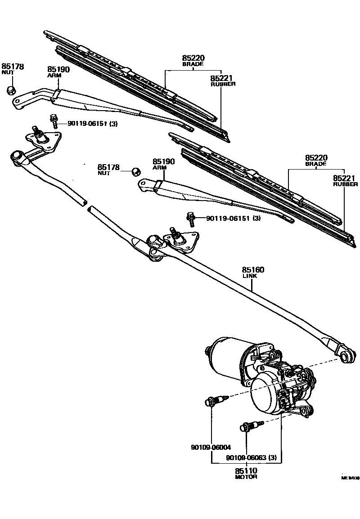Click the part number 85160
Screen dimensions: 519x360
(x=253, y=270)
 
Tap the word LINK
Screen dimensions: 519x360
(x=250, y=276)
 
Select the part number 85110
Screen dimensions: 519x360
(x=246, y=470)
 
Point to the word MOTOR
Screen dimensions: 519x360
(x=246, y=477)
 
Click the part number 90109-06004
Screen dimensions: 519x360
(x=210, y=447)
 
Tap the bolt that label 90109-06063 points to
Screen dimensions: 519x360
(x=250, y=425)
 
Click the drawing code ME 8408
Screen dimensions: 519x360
(x=350, y=479)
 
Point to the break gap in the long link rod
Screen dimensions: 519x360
(x=86, y=206)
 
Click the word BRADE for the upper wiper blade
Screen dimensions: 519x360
(x=193, y=64)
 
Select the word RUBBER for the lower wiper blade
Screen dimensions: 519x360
(x=345, y=184)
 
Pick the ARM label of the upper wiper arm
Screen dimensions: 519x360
(x=54, y=76)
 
